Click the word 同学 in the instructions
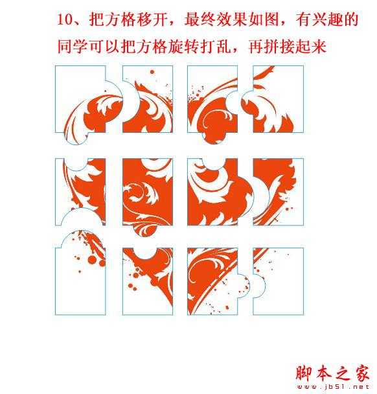[69, 47]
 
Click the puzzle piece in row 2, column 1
[81, 191]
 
